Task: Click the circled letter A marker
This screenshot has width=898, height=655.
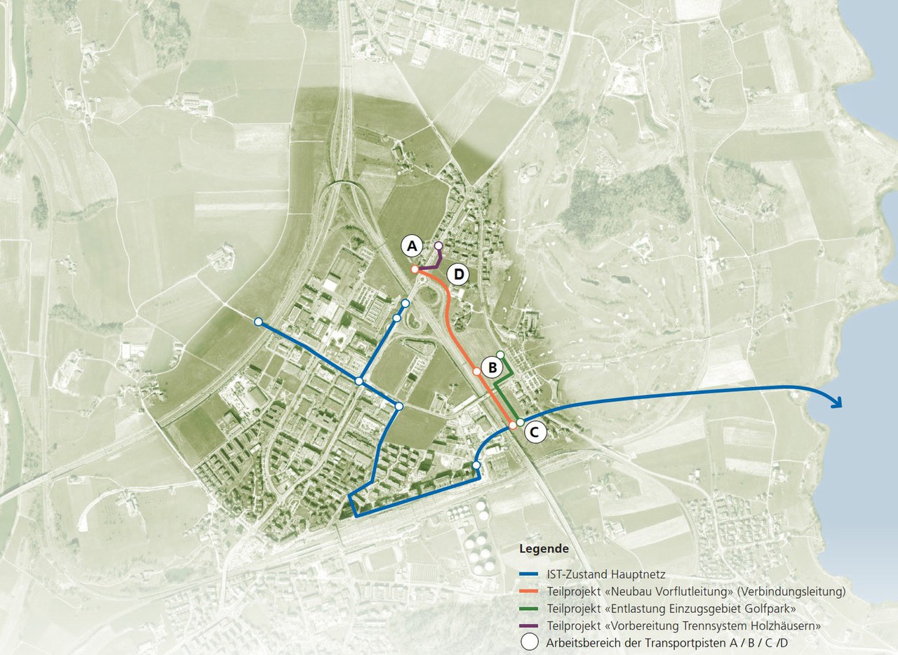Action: (x=413, y=246)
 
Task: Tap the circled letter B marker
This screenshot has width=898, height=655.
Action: (x=492, y=366)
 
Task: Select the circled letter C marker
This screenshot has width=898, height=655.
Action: (x=535, y=433)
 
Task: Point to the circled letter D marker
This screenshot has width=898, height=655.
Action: (x=458, y=274)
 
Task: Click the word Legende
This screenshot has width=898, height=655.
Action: (x=544, y=548)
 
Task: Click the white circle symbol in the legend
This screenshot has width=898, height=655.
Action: (x=530, y=642)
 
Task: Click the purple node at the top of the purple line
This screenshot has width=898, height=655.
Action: (x=438, y=246)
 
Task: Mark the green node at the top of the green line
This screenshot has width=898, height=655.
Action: (x=500, y=354)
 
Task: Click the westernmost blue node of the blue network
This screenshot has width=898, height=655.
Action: (x=258, y=322)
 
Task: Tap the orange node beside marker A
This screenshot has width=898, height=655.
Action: (x=415, y=269)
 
